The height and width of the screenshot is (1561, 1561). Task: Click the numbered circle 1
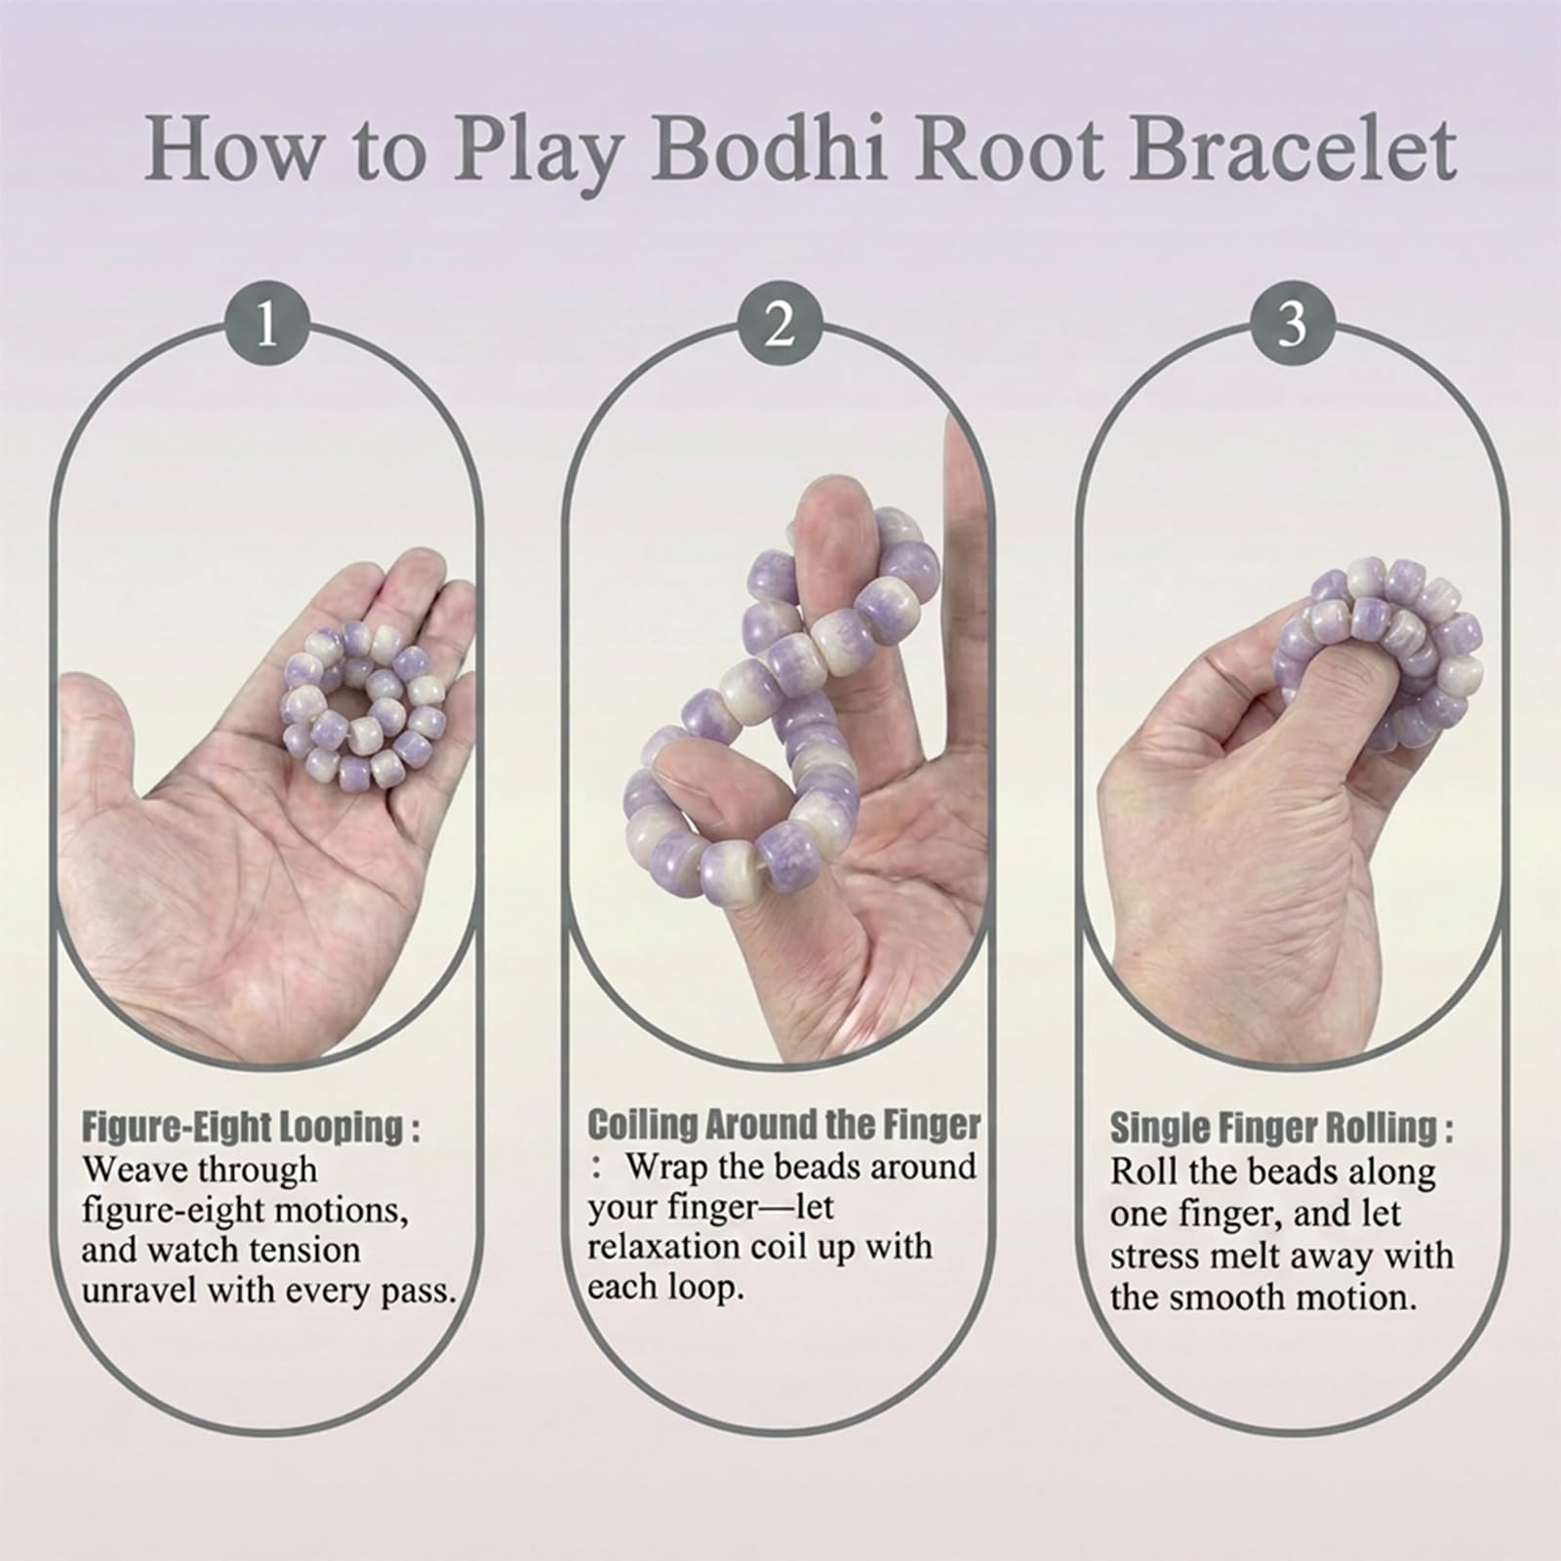click(266, 324)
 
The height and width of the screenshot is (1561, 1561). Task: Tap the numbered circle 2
click(779, 324)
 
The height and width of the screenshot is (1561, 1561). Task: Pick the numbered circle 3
click(1292, 324)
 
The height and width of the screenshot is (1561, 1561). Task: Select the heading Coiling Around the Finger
click(783, 1125)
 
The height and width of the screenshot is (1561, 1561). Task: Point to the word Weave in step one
click(135, 1169)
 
